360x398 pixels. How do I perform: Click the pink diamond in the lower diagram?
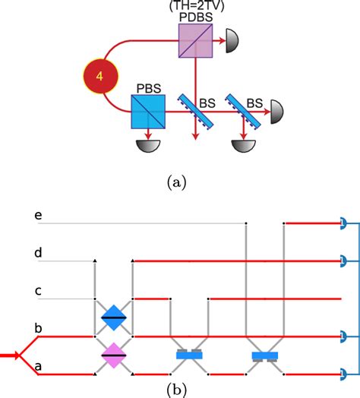click(113, 355)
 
